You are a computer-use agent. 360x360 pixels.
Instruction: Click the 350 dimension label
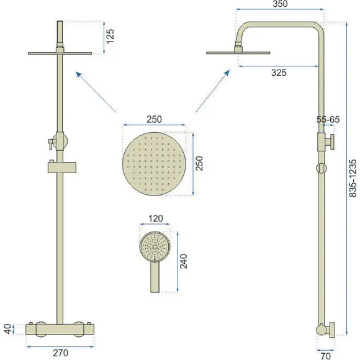click(x=280, y=4)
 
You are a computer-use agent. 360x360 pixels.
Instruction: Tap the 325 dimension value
click(x=279, y=73)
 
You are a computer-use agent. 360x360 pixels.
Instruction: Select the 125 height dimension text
click(x=110, y=36)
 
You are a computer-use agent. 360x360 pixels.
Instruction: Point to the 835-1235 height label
click(x=353, y=178)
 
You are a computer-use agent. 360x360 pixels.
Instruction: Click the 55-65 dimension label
click(x=328, y=120)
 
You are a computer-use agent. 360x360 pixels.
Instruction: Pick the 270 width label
click(x=60, y=353)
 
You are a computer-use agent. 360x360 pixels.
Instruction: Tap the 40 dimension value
click(x=8, y=329)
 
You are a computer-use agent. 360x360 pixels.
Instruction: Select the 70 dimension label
click(x=325, y=356)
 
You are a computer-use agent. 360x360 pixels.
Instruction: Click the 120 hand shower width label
click(x=155, y=218)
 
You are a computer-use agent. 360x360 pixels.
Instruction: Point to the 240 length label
click(x=184, y=261)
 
